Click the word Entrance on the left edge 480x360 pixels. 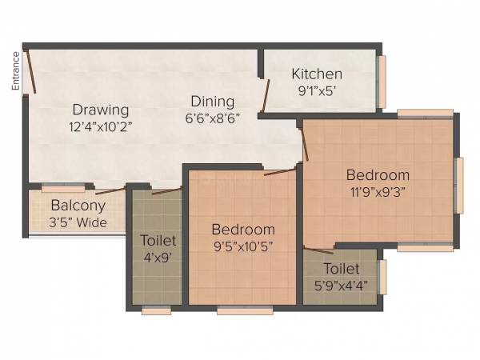[15, 70]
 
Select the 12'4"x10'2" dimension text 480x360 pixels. [101, 125]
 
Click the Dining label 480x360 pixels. [212, 102]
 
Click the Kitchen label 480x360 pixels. [317, 74]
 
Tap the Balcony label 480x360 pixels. [74, 206]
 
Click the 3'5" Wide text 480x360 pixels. [78, 222]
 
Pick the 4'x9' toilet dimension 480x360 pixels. [157, 258]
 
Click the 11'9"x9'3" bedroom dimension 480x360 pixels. [378, 192]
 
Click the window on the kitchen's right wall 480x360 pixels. [382, 81]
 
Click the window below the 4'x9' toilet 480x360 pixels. [157, 310]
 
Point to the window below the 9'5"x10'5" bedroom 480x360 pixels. [245, 310]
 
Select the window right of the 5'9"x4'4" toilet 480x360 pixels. [382, 277]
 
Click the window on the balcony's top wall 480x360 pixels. [63, 189]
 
